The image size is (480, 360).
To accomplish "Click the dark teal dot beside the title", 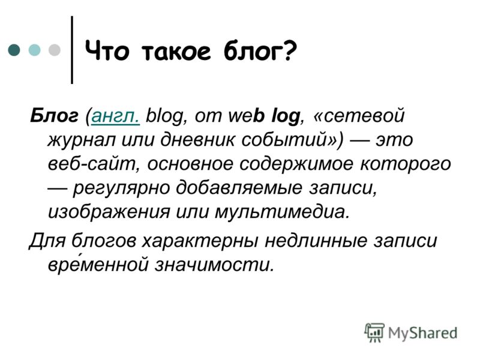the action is [14, 50].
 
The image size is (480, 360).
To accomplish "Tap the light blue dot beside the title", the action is [34, 50].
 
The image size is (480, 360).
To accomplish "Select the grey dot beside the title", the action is [55, 50].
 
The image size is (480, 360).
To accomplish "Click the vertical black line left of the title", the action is [72, 50].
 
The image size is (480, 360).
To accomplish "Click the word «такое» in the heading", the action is [176, 51].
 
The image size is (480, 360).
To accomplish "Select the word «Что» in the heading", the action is [107, 50].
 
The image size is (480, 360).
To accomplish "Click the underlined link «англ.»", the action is [116, 116].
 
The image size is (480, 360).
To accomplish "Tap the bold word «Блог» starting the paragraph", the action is [54, 116].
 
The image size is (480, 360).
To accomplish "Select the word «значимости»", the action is [214, 265].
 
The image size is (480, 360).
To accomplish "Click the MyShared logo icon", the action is [374, 332].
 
